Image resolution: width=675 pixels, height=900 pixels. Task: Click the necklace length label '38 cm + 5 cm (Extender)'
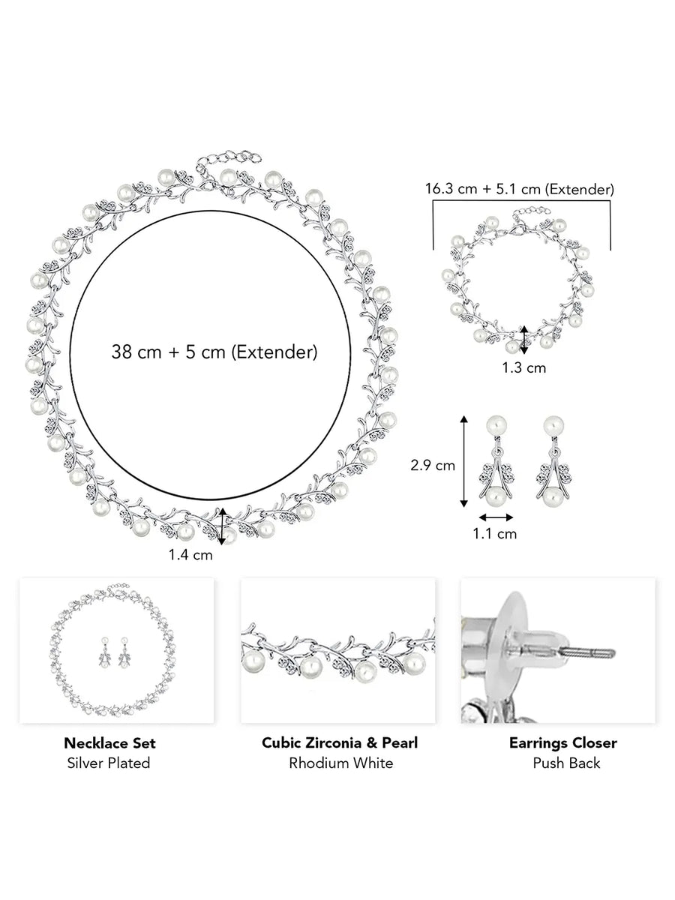pos(214,352)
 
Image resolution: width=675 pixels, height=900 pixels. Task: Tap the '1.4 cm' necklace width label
pos(190,555)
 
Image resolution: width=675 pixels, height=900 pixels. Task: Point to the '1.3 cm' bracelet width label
pos(524,367)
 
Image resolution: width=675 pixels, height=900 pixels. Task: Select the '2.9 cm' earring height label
pos(433,466)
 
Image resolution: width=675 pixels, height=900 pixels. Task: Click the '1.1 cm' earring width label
pos(495,534)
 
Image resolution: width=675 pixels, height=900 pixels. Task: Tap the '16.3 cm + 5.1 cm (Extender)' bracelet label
pos(520,189)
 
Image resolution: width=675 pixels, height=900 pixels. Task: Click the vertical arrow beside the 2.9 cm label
pos(463,460)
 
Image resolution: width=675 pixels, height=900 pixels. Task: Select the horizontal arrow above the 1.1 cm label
pos(496,517)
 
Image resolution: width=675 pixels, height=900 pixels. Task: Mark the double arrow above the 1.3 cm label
pos(524,340)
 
